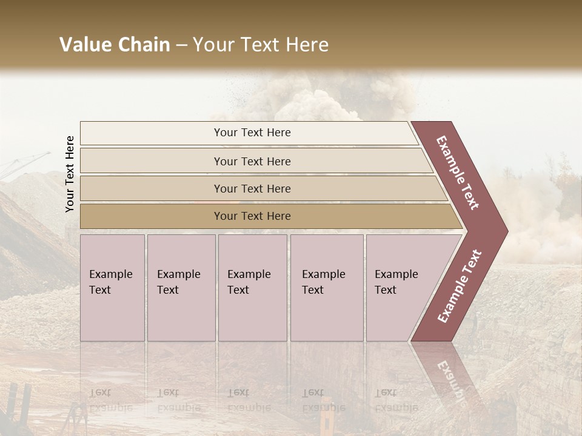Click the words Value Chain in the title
(x=115, y=45)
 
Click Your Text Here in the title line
(x=261, y=45)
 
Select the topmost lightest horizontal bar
(x=252, y=133)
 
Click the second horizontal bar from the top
(x=252, y=161)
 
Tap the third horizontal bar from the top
(x=252, y=188)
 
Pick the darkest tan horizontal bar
(x=252, y=216)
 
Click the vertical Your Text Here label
(x=70, y=174)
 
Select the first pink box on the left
(x=112, y=288)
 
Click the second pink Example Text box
(x=181, y=288)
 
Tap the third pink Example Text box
(x=252, y=288)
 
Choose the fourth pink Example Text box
(x=326, y=288)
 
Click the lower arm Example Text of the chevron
(x=459, y=286)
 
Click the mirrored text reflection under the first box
(x=110, y=400)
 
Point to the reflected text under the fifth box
(x=396, y=400)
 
